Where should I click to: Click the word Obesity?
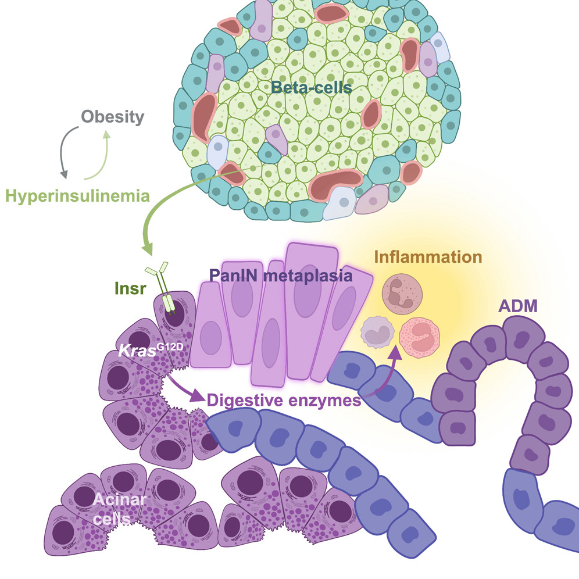[x=113, y=117]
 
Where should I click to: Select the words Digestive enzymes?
[x=283, y=400]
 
